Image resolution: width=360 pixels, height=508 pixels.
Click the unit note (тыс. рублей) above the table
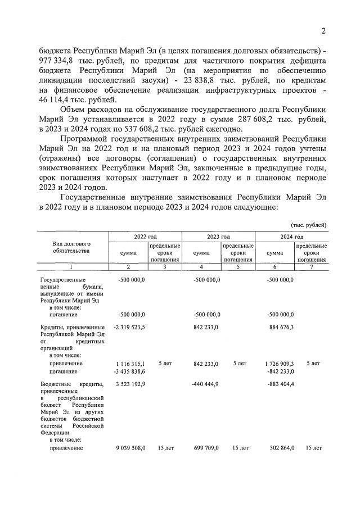[308, 224]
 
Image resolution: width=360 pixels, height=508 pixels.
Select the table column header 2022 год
[145, 237]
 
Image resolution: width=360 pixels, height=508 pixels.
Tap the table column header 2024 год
[291, 237]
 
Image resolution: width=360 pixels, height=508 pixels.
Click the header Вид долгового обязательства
[71, 247]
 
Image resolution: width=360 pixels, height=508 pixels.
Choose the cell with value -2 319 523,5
[128, 327]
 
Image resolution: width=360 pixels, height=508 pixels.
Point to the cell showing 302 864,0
[280, 448]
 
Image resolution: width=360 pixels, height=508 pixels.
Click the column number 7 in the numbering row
[312, 266]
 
